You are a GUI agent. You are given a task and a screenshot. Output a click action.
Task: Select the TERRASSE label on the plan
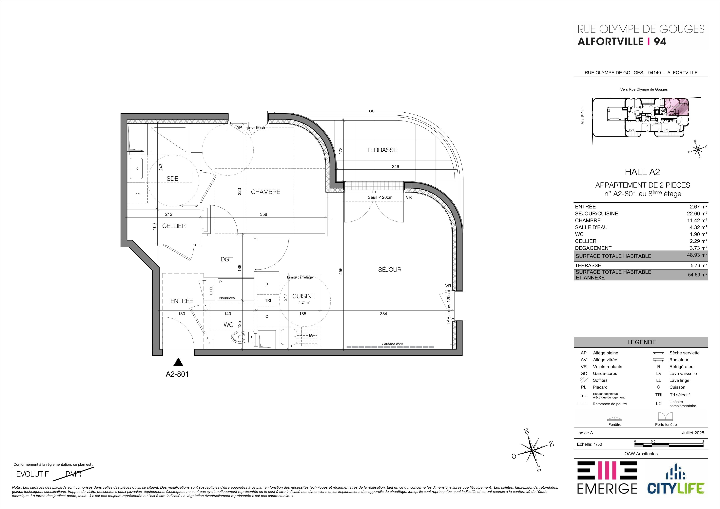(x=382, y=150)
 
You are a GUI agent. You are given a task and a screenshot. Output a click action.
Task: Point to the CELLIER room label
(x=174, y=226)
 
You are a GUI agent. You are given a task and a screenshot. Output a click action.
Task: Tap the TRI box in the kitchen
(x=267, y=300)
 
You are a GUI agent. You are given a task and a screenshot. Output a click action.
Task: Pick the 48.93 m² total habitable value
(x=697, y=255)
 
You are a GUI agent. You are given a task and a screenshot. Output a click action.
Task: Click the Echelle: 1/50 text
(x=590, y=444)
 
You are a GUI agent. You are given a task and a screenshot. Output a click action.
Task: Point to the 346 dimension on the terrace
(x=395, y=167)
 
